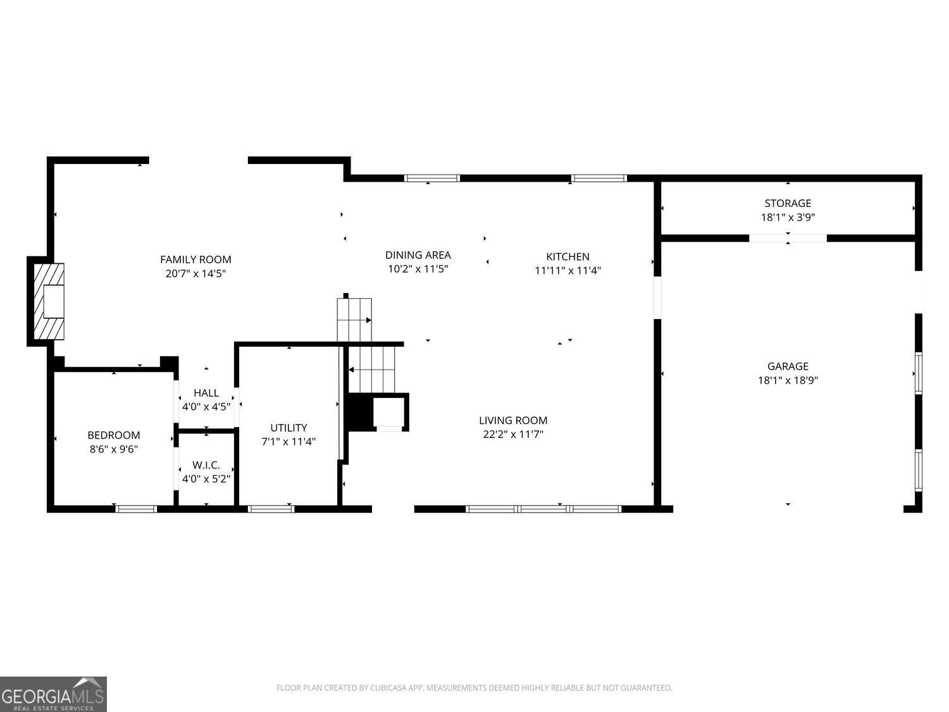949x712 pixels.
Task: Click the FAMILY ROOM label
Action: [195, 259]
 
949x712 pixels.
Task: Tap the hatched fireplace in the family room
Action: [49, 301]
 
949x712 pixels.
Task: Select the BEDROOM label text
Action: [114, 435]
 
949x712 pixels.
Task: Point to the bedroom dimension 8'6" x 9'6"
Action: [114, 449]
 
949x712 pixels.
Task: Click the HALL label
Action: [206, 393]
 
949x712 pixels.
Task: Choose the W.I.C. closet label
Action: [206, 465]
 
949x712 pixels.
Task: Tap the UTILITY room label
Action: [288, 428]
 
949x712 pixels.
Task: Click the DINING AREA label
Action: [418, 255]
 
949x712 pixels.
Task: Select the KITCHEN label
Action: [568, 256]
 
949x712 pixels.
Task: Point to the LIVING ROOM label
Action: [513, 420]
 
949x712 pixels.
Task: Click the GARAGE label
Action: [788, 366]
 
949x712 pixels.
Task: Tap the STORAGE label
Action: [788, 203]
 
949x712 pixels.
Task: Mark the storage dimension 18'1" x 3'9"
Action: [788, 217]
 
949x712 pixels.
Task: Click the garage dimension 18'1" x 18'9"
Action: [788, 380]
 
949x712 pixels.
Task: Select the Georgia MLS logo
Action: [53, 694]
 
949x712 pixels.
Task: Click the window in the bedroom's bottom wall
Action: [136, 509]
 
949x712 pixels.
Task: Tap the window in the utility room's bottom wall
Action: [271, 509]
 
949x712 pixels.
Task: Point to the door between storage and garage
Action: [788, 239]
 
